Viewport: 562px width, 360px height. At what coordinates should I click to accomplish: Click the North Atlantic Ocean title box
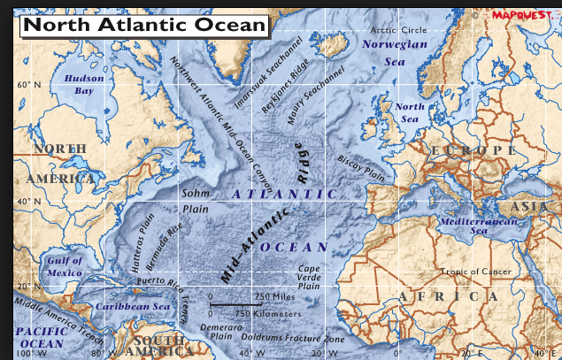coord(143,24)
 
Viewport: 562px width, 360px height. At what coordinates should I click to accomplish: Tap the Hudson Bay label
coord(84,84)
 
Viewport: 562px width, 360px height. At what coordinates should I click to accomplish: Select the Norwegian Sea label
coord(395,52)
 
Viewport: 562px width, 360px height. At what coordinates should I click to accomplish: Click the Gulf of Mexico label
coord(65,266)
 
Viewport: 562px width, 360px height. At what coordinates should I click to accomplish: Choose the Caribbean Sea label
coord(133,306)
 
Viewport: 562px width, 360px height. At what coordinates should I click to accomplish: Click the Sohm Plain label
coord(196,201)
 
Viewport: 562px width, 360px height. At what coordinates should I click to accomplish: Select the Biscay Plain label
coord(360,169)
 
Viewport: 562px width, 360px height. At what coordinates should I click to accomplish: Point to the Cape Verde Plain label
coord(309,277)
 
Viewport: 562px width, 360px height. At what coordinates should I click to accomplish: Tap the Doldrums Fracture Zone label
coord(292,339)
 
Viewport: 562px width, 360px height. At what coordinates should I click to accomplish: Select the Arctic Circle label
coord(396,30)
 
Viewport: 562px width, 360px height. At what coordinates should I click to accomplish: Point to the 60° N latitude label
coord(29,85)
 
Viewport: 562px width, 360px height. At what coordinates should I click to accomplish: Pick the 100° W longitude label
coord(29,354)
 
